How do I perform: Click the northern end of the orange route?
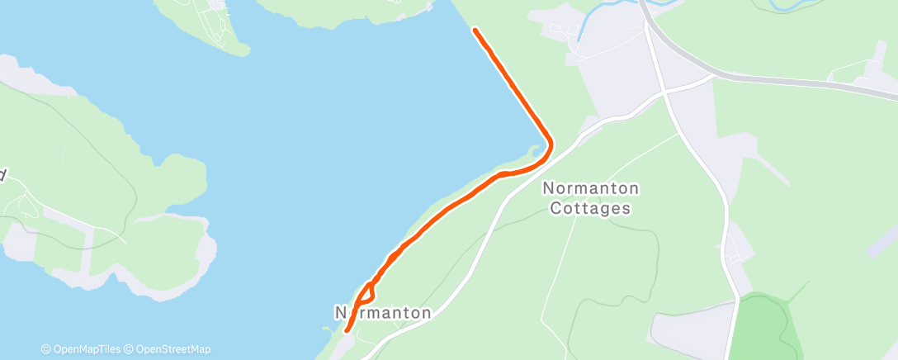point(475,31)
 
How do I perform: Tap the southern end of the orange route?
point(347,330)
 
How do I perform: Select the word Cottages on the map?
point(590,208)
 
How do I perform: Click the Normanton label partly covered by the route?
point(383,313)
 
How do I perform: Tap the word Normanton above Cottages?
point(590,188)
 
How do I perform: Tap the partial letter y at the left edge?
point(3,175)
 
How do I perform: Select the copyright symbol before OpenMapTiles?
point(45,349)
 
